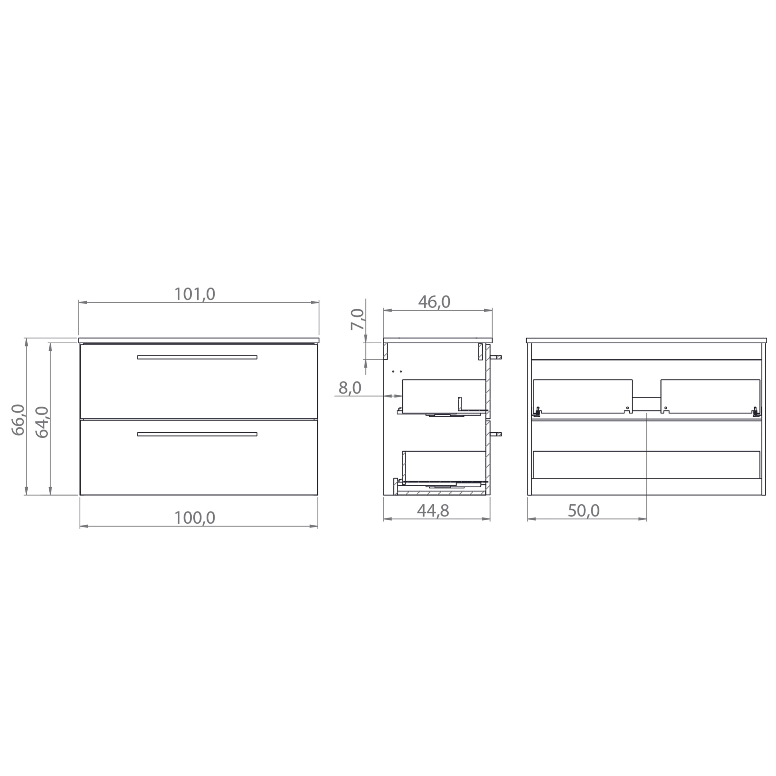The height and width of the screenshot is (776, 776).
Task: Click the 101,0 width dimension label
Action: tap(195, 294)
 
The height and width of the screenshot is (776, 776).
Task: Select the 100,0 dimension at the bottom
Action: tap(195, 518)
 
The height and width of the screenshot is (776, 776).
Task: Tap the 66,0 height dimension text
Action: tap(19, 420)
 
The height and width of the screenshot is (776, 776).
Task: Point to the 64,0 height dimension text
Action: tap(42, 422)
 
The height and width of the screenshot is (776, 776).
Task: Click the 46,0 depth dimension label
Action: tap(434, 302)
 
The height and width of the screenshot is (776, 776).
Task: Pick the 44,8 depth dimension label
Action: tap(433, 511)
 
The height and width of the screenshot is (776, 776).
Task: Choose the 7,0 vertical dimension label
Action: tap(357, 319)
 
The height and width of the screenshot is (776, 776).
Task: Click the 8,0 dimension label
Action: tap(350, 388)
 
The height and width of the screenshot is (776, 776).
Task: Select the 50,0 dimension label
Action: tap(584, 511)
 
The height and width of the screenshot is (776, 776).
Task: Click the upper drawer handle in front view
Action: tap(197, 357)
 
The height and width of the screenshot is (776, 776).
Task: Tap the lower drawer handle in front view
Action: tap(197, 434)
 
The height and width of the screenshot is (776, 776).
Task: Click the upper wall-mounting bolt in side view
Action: tap(496, 357)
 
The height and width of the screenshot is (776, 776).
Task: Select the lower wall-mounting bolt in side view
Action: tap(496, 434)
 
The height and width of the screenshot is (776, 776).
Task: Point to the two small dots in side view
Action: tap(397, 372)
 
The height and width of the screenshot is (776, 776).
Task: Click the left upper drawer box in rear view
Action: tap(582, 396)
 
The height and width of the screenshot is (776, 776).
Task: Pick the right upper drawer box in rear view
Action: tap(710, 396)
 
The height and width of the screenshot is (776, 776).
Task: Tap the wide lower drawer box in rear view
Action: tap(646, 465)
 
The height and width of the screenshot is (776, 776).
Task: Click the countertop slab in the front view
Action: tap(199, 340)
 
